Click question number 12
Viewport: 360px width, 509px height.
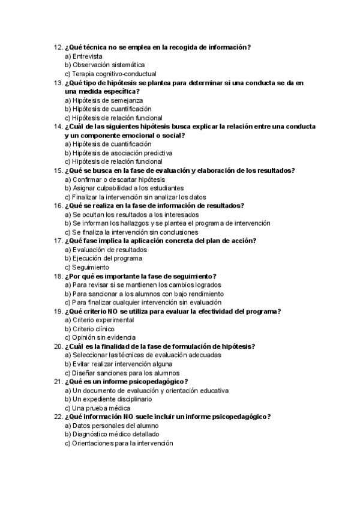point(58,47)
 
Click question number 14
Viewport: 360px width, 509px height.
point(58,127)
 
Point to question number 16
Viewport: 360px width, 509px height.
point(58,205)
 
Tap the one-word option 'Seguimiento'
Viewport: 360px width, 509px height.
point(90,267)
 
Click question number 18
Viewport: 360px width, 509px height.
point(58,276)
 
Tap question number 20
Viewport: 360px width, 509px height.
point(58,346)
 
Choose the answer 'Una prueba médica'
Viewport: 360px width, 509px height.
point(97,408)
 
